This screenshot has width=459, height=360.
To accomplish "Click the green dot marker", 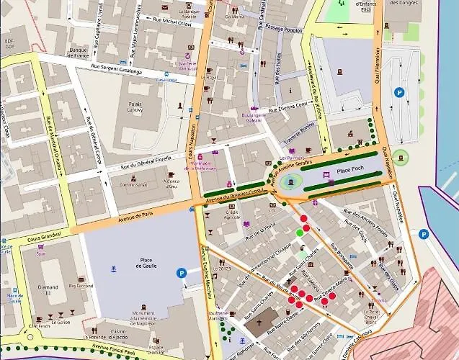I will click(300, 233).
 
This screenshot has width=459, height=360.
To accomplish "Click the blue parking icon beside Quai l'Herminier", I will click(398, 91).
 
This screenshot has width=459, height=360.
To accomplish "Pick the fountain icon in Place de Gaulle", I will click(112, 269).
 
